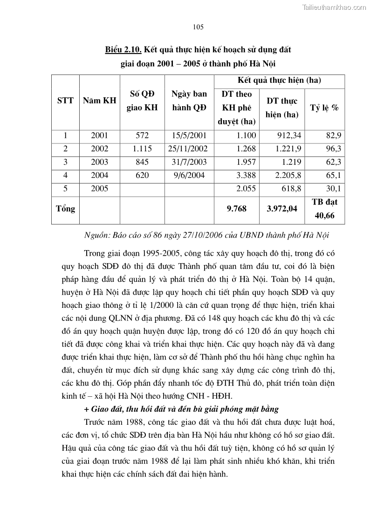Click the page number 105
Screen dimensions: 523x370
(x=198, y=27)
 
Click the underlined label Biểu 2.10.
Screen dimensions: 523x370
(x=123, y=49)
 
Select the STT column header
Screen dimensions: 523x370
(x=65, y=101)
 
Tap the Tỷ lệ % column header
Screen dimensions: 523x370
(x=324, y=108)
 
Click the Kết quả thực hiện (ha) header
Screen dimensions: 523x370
(x=279, y=81)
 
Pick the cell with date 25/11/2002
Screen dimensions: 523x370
(x=189, y=149)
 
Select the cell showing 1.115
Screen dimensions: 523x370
(x=142, y=149)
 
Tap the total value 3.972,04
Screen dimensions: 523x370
(x=281, y=209)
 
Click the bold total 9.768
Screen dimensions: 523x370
(x=236, y=209)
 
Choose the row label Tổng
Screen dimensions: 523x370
(x=65, y=209)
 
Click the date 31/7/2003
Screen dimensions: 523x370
(x=189, y=162)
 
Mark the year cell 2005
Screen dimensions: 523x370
(x=99, y=188)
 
